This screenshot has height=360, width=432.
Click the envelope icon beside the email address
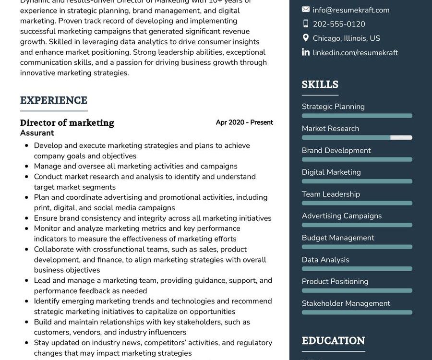(306, 10)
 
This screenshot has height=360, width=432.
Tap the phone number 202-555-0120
(339, 24)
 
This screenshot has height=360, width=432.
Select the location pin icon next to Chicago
(306, 38)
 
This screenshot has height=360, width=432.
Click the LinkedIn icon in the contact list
(306, 52)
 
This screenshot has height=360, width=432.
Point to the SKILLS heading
(320, 84)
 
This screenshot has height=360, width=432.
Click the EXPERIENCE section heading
(54, 100)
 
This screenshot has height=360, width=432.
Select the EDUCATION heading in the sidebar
(333, 341)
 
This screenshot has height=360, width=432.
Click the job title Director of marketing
(67, 123)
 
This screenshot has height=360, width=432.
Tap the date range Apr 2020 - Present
(244, 122)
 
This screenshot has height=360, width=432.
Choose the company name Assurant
(37, 133)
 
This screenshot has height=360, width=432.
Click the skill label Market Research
(330, 129)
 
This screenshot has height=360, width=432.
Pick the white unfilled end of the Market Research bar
(401, 138)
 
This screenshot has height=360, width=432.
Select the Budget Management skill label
(338, 238)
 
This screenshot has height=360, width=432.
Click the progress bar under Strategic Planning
(357, 116)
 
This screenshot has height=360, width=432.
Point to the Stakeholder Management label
(346, 303)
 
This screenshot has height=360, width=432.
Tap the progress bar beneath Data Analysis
(357, 269)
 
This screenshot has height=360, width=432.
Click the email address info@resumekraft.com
(351, 10)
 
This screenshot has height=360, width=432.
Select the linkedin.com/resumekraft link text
(355, 53)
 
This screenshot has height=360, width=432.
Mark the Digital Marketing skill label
(331, 172)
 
